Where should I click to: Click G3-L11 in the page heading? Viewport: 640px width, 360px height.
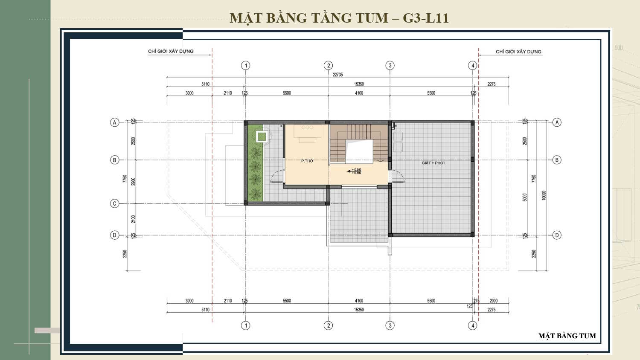[425, 18]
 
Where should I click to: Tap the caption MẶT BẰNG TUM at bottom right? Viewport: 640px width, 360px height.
[567, 336]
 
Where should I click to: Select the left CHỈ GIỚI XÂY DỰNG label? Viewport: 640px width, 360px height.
[171, 51]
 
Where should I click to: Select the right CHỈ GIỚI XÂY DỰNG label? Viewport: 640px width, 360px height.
[518, 52]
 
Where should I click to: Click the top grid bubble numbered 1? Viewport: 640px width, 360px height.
[245, 65]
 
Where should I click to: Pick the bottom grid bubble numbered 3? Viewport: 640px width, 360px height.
[390, 325]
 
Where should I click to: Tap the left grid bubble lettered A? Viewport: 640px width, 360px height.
[114, 122]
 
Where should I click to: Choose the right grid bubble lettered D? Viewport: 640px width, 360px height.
[557, 235]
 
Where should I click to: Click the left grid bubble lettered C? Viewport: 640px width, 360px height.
[114, 203]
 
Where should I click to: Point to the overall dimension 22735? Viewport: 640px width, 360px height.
[337, 75]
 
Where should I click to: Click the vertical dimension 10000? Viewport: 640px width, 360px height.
[544, 195]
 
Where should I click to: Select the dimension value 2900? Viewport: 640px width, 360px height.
[133, 181]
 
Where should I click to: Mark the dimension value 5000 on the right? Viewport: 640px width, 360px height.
[525, 197]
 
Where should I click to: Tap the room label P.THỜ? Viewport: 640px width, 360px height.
[307, 161]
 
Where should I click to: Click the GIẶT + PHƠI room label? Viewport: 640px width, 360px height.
[433, 163]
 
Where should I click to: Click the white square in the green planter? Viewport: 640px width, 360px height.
[262, 137]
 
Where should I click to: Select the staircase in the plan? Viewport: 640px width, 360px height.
[358, 143]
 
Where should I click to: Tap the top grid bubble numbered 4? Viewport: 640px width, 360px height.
[472, 65]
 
